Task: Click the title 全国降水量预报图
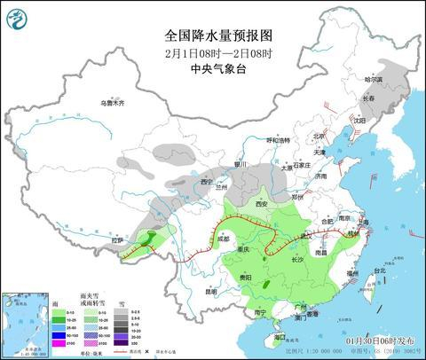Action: [213, 35]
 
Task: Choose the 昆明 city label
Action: [210, 290]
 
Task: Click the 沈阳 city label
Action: [359, 120]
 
